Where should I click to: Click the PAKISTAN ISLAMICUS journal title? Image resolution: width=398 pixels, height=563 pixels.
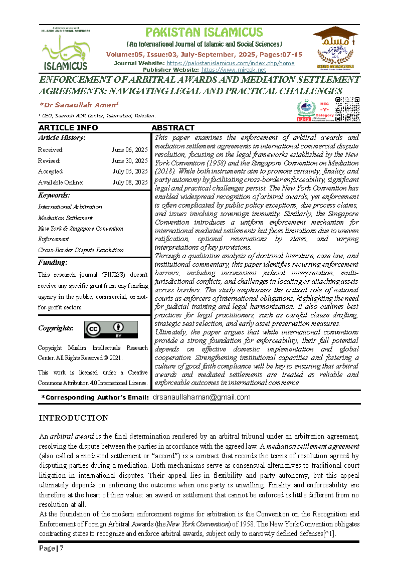click(204, 33)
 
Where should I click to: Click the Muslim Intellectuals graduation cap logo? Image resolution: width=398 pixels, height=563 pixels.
click(334, 48)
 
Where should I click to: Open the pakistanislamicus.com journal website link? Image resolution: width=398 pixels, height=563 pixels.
click(230, 63)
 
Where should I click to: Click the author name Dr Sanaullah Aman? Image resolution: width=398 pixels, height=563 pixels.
click(79, 104)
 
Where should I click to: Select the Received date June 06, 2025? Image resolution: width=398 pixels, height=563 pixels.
click(130, 150)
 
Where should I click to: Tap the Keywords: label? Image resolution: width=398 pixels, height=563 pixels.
click(54, 196)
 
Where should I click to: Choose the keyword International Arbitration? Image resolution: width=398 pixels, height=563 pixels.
click(70, 207)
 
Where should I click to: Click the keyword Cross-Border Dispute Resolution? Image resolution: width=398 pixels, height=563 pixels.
click(81, 250)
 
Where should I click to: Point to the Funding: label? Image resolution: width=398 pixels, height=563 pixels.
click(53, 262)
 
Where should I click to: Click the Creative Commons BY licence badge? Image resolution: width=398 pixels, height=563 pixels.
click(111, 329)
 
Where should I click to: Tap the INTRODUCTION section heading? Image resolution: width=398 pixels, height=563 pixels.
click(74, 418)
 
